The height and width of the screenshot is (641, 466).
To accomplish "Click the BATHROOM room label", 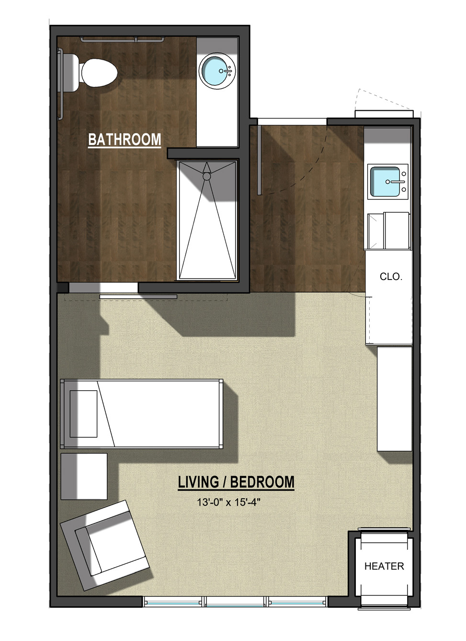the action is [x=125, y=140].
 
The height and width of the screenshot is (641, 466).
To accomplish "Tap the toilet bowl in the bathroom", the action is [x=99, y=73].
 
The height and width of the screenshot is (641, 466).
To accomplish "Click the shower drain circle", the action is [x=207, y=176].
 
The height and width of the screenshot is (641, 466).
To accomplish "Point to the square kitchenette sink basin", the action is [x=385, y=181].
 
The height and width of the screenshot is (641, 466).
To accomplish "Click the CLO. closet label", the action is [x=391, y=277].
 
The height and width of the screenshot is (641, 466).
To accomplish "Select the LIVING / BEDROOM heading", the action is [x=236, y=482].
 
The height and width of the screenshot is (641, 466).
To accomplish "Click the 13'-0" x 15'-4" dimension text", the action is [x=228, y=502].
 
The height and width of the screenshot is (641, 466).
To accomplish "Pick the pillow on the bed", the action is [x=83, y=414].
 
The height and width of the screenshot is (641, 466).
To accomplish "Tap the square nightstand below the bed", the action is [x=84, y=476].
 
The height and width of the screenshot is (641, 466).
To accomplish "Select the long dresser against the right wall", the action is [x=395, y=399].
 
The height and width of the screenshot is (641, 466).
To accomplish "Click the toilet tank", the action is [x=70, y=73].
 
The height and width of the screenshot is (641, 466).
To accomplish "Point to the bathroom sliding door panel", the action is [x=138, y=297].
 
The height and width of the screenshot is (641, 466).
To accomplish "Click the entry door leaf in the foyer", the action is [x=259, y=160].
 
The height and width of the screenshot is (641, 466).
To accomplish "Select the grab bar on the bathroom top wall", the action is [x=122, y=39].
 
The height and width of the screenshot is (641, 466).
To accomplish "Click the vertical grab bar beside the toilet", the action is [x=60, y=84].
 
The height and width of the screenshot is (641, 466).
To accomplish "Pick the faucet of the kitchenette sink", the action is [x=396, y=181].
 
